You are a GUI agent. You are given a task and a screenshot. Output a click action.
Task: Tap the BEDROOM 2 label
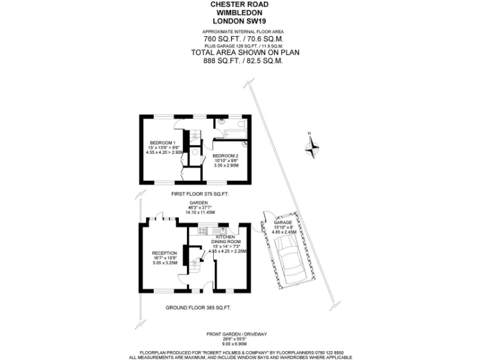[x=225, y=155]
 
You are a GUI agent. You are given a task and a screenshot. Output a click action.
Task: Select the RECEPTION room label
[x=165, y=253]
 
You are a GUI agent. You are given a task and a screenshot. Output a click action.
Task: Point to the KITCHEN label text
[x=224, y=237]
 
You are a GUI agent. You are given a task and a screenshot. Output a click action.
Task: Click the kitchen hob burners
[x=202, y=231]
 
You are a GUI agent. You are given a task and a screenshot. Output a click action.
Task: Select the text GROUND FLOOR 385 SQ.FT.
[x=199, y=308]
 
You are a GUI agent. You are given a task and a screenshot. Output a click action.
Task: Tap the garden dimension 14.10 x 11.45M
[x=199, y=212]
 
